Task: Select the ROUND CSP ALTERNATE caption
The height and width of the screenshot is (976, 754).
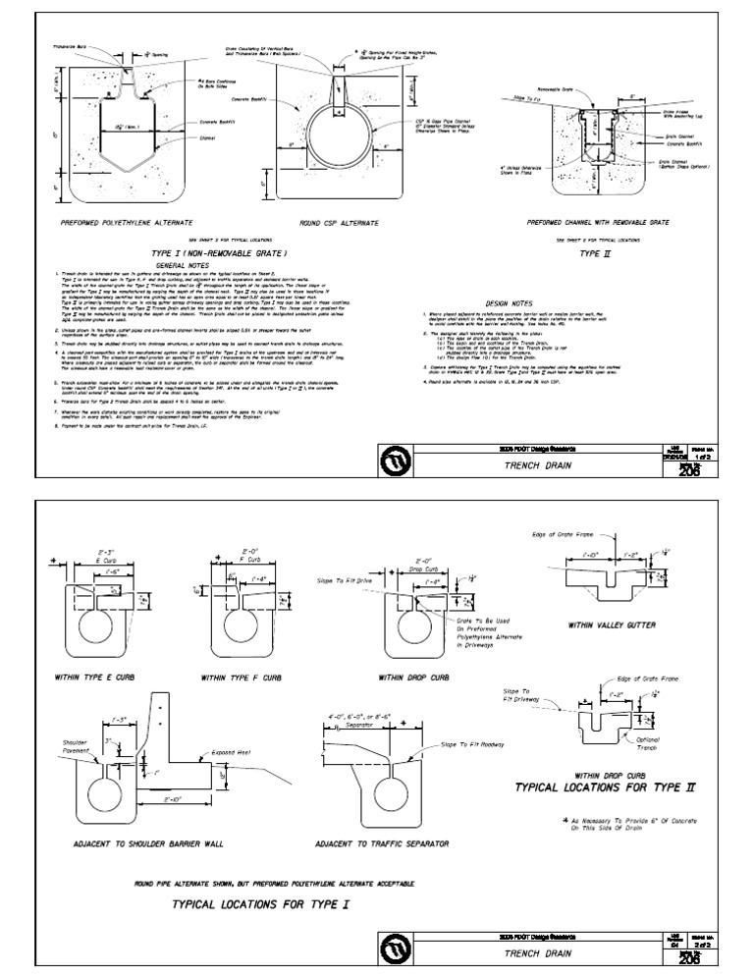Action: pyautogui.click(x=332, y=223)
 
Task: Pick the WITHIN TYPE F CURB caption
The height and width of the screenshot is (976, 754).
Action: pyautogui.click(x=241, y=678)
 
